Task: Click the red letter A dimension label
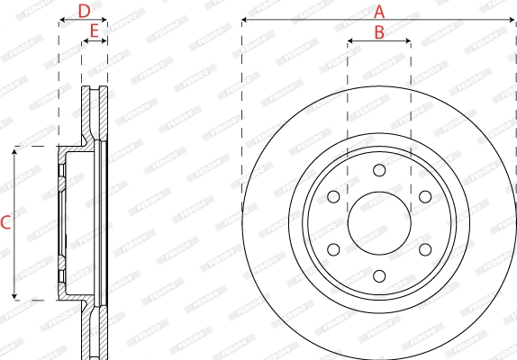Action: (379, 11)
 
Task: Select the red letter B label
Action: (379, 31)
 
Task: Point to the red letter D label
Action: (84, 11)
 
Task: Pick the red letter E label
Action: (94, 31)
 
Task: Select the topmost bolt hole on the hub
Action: (379, 170)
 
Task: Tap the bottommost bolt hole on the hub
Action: (379, 276)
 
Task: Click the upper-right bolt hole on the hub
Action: (425, 196)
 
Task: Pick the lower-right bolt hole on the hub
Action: (425, 249)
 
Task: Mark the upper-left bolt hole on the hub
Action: (333, 196)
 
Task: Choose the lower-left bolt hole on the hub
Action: (333, 249)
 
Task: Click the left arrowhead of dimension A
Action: (245, 20)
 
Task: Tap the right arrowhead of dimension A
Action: (513, 20)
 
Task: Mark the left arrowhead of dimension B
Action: (350, 40)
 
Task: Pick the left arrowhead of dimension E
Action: (85, 40)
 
